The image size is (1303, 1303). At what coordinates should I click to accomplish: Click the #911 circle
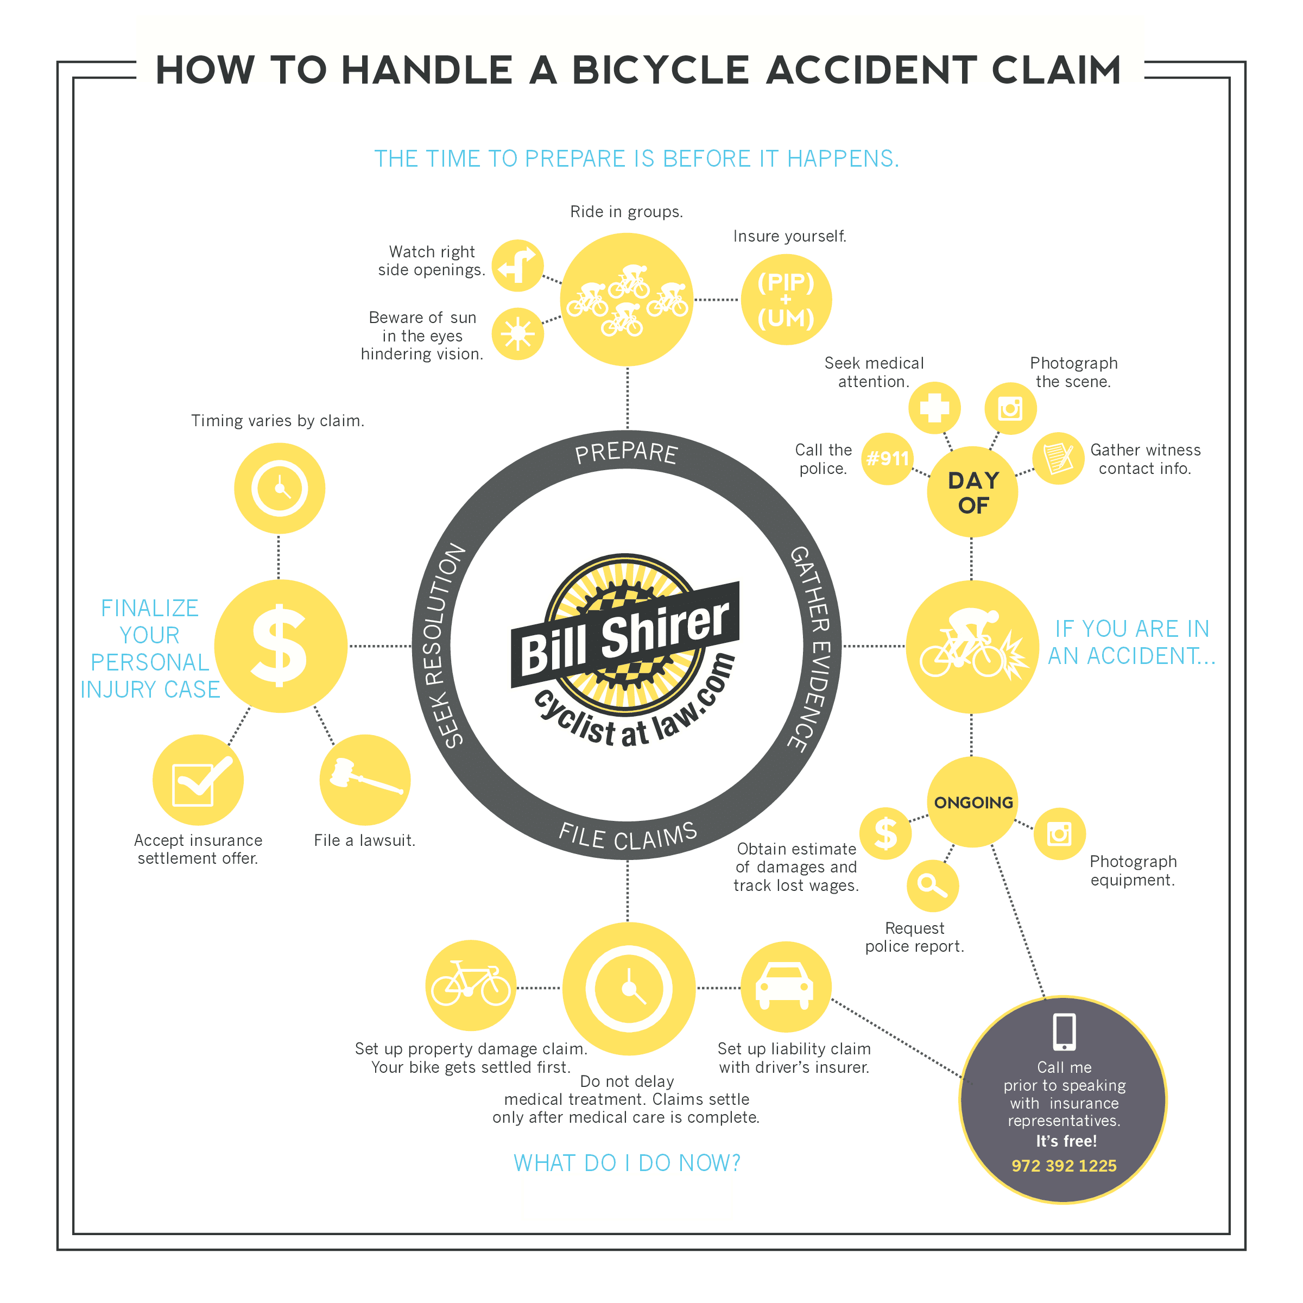(888, 459)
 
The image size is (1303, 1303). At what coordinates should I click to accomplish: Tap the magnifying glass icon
(932, 885)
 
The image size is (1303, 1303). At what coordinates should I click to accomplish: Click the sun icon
(517, 333)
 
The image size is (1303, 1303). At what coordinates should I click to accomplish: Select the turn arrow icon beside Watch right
(517, 265)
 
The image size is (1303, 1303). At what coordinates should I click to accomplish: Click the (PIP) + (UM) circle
(786, 300)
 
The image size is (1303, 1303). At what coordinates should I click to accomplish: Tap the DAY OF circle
(972, 492)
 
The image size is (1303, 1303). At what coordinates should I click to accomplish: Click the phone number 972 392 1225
(1064, 1166)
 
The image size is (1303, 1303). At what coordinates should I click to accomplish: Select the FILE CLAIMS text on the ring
(628, 836)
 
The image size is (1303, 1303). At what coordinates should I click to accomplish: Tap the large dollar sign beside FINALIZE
(279, 646)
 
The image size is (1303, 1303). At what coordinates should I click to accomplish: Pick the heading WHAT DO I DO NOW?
(627, 1163)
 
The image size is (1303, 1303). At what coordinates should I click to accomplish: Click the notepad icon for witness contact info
(1058, 458)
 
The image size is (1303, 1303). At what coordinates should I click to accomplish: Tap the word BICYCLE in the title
(660, 70)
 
